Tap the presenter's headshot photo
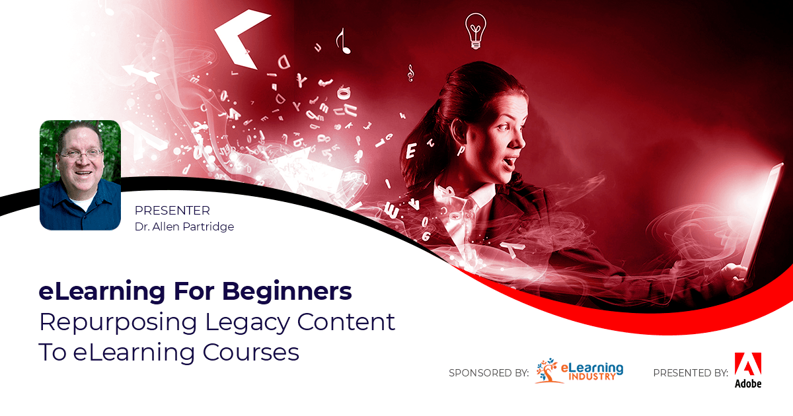click(80, 175)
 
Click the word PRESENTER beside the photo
click(172, 211)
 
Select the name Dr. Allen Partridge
click(184, 226)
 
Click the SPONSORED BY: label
click(488, 373)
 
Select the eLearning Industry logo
click(579, 370)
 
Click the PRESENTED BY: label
click(690, 373)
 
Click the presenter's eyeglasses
click(81, 154)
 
